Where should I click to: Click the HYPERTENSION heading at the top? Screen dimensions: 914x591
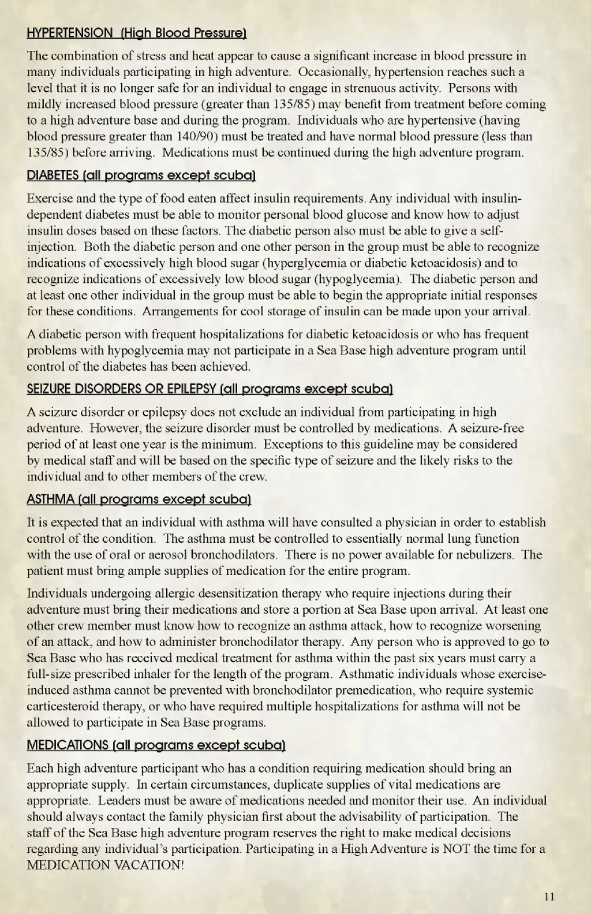point(137,33)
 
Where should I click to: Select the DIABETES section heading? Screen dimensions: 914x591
point(141,176)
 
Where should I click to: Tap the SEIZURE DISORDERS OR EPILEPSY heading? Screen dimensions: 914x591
point(210,389)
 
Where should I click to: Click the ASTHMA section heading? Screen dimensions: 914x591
point(139,499)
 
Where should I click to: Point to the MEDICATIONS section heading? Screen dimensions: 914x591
point(156,745)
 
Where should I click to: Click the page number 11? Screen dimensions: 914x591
point(549,896)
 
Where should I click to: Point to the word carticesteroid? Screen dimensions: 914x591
point(62,707)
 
